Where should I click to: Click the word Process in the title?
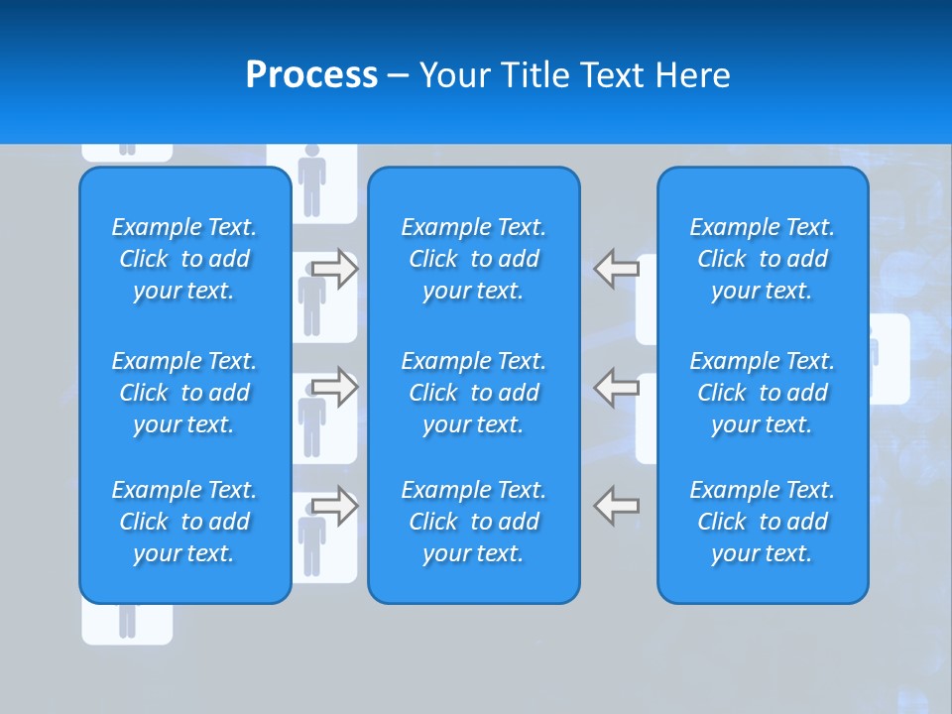pos(311,74)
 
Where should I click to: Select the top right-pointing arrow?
pos(335,269)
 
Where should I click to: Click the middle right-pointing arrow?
pos(335,387)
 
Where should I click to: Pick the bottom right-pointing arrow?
pos(335,506)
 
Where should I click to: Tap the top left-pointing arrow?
pos(617,268)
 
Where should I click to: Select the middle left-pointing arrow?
pos(617,387)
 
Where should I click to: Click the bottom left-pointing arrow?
pos(617,506)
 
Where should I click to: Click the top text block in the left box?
pos(184,259)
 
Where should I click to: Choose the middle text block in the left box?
pos(184,393)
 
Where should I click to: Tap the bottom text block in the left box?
pos(184,522)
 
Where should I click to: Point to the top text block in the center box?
pos(474,259)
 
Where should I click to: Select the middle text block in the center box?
pos(474,393)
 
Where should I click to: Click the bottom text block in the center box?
pos(474,522)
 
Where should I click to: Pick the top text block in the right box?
pos(763,259)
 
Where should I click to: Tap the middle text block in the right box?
pos(763,393)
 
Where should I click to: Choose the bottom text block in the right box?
pos(763,522)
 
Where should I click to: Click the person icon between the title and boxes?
pos(312,180)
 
